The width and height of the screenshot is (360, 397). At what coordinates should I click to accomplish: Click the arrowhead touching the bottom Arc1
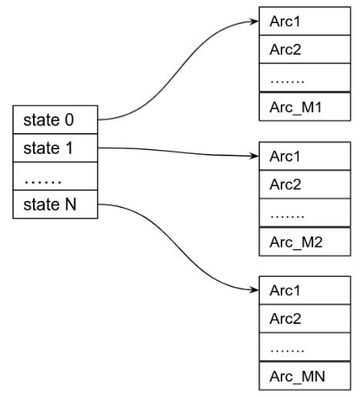[255, 291]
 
